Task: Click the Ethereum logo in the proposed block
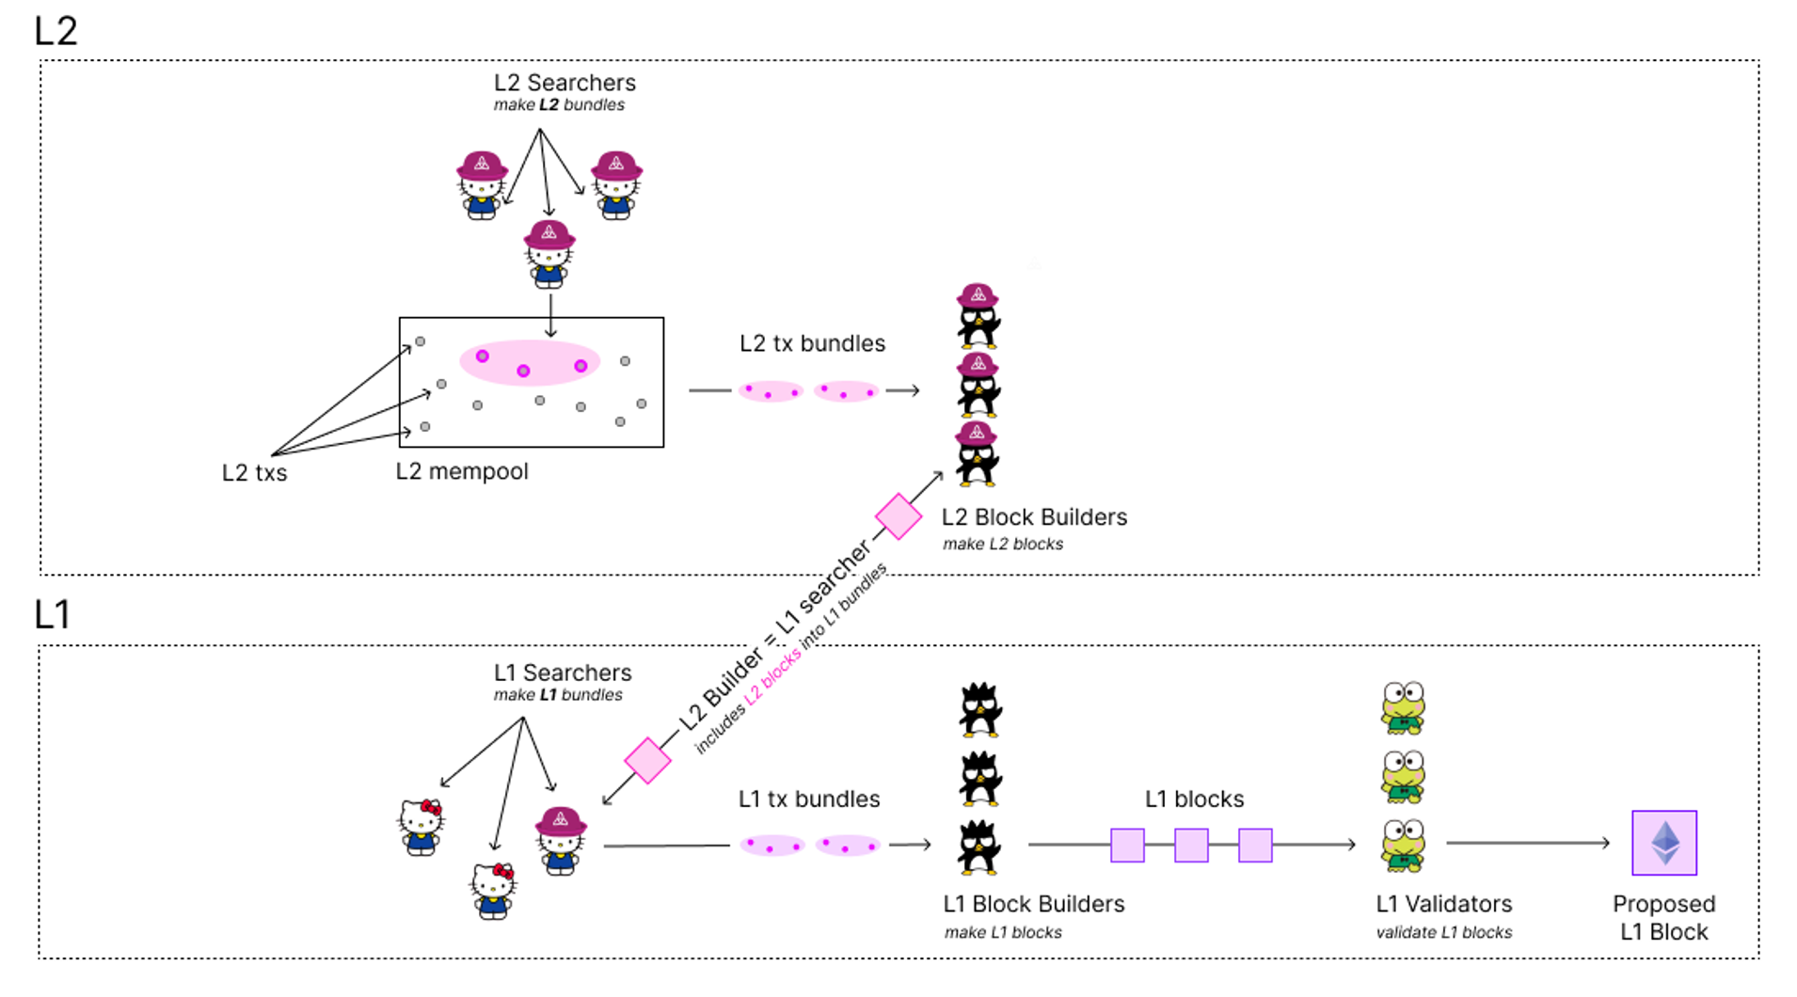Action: click(x=1665, y=843)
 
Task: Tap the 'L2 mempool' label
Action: click(x=462, y=471)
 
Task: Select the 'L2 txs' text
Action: click(x=254, y=473)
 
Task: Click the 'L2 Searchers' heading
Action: click(x=565, y=83)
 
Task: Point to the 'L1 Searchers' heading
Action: click(x=563, y=673)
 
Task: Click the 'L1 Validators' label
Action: click(x=1444, y=904)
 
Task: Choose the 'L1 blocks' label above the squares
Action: click(x=1194, y=799)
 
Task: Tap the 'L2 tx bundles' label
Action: click(x=812, y=343)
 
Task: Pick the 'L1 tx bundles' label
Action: click(x=809, y=799)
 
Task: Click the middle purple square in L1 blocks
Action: click(x=1191, y=846)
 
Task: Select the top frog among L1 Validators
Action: click(x=1403, y=708)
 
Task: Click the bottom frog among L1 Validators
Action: click(x=1403, y=846)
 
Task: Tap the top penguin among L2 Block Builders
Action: click(x=978, y=316)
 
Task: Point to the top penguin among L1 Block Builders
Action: click(x=979, y=709)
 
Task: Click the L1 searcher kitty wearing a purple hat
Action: click(x=561, y=841)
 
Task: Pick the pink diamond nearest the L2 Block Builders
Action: click(x=898, y=516)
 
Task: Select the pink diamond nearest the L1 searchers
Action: click(x=647, y=760)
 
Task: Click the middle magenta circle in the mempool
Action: click(x=523, y=371)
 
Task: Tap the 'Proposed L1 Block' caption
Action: click(x=1663, y=918)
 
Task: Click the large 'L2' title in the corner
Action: click(x=56, y=31)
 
